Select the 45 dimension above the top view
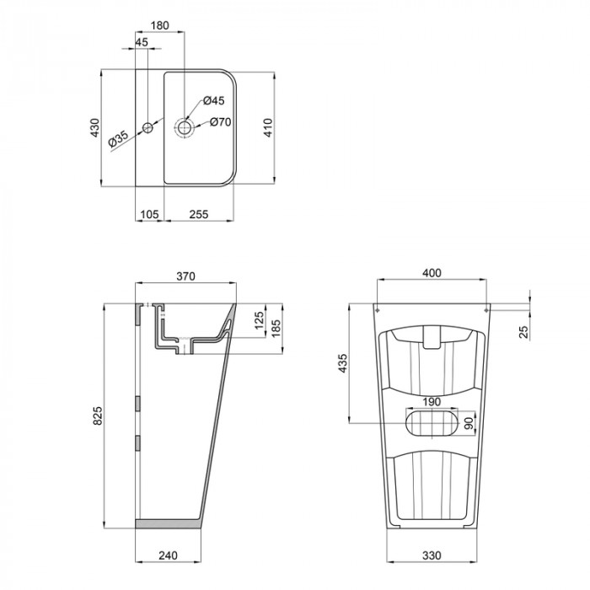coord(141,43)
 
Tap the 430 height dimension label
coord(95,128)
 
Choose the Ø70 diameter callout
coord(220,122)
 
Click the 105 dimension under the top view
coord(148,214)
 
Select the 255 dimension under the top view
coord(199,214)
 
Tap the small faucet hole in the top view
coord(147,128)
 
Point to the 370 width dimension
coord(185,276)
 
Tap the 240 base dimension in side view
coord(168,556)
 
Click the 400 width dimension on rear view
coord(431,274)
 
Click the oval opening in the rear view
coord(431,421)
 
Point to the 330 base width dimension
coord(431,556)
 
